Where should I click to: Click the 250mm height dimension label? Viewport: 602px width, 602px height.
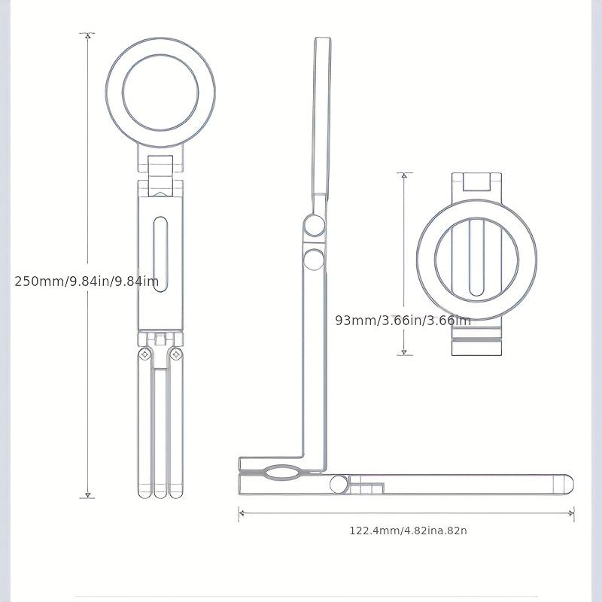click(87, 281)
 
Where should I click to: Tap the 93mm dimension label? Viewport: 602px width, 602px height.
click(403, 321)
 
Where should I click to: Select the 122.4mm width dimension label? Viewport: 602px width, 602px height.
click(408, 531)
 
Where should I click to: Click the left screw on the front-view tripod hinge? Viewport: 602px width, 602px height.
click(144, 354)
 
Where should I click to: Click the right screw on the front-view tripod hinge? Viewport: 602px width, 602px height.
click(176, 354)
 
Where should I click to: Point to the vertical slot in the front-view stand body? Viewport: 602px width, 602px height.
click(160, 254)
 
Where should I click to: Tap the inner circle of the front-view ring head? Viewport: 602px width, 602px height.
click(160, 93)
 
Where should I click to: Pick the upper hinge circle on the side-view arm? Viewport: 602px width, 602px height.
click(315, 225)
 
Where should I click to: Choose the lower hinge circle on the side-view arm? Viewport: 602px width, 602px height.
click(314, 259)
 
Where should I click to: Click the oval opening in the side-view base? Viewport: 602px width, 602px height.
click(283, 473)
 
